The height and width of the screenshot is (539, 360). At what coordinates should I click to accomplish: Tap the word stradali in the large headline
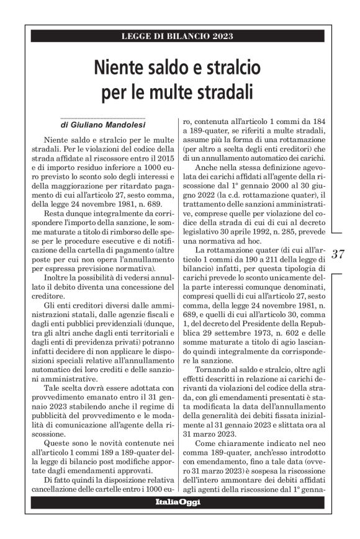pos(220,91)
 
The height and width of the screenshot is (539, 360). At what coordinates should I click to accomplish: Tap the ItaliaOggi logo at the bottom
pos(178,502)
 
